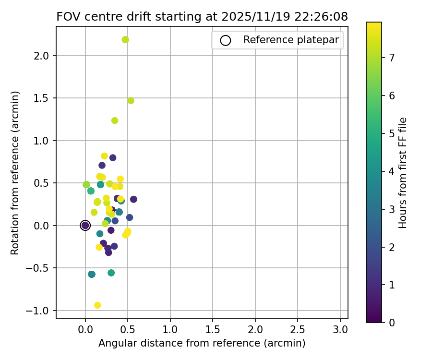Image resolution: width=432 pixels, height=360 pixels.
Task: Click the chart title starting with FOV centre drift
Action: (202, 16)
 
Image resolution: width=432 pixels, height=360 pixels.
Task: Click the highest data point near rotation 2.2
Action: (125, 40)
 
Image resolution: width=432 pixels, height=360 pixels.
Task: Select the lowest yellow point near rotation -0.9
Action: (97, 305)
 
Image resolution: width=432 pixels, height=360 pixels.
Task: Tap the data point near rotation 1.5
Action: (131, 101)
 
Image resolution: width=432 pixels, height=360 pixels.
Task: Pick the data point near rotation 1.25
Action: (115, 120)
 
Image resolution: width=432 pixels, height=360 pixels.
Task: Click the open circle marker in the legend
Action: (226, 40)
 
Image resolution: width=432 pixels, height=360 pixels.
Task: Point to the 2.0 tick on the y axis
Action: (44, 56)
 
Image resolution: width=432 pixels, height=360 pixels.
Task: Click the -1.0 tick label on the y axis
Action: (40, 311)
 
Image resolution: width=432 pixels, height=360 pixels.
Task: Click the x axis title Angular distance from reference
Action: (202, 343)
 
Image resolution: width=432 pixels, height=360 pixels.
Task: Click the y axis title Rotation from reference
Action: (15, 173)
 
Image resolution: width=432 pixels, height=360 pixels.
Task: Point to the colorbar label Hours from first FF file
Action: (403, 173)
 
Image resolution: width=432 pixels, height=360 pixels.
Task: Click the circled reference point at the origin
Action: (85, 226)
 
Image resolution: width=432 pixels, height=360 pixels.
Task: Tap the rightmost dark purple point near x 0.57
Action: (133, 199)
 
